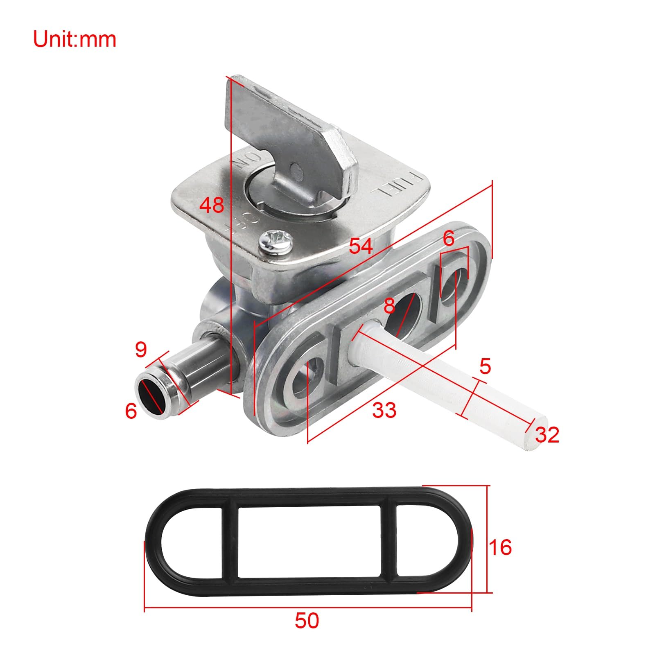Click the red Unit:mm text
(x=75, y=39)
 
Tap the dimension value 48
(x=212, y=205)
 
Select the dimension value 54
(x=361, y=246)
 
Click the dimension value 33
(x=384, y=410)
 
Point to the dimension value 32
(x=547, y=435)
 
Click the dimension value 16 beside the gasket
(x=500, y=547)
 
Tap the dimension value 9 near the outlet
(x=140, y=349)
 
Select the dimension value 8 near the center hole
(x=389, y=305)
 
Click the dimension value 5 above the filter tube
(x=485, y=366)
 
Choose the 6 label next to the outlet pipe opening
(x=131, y=411)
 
